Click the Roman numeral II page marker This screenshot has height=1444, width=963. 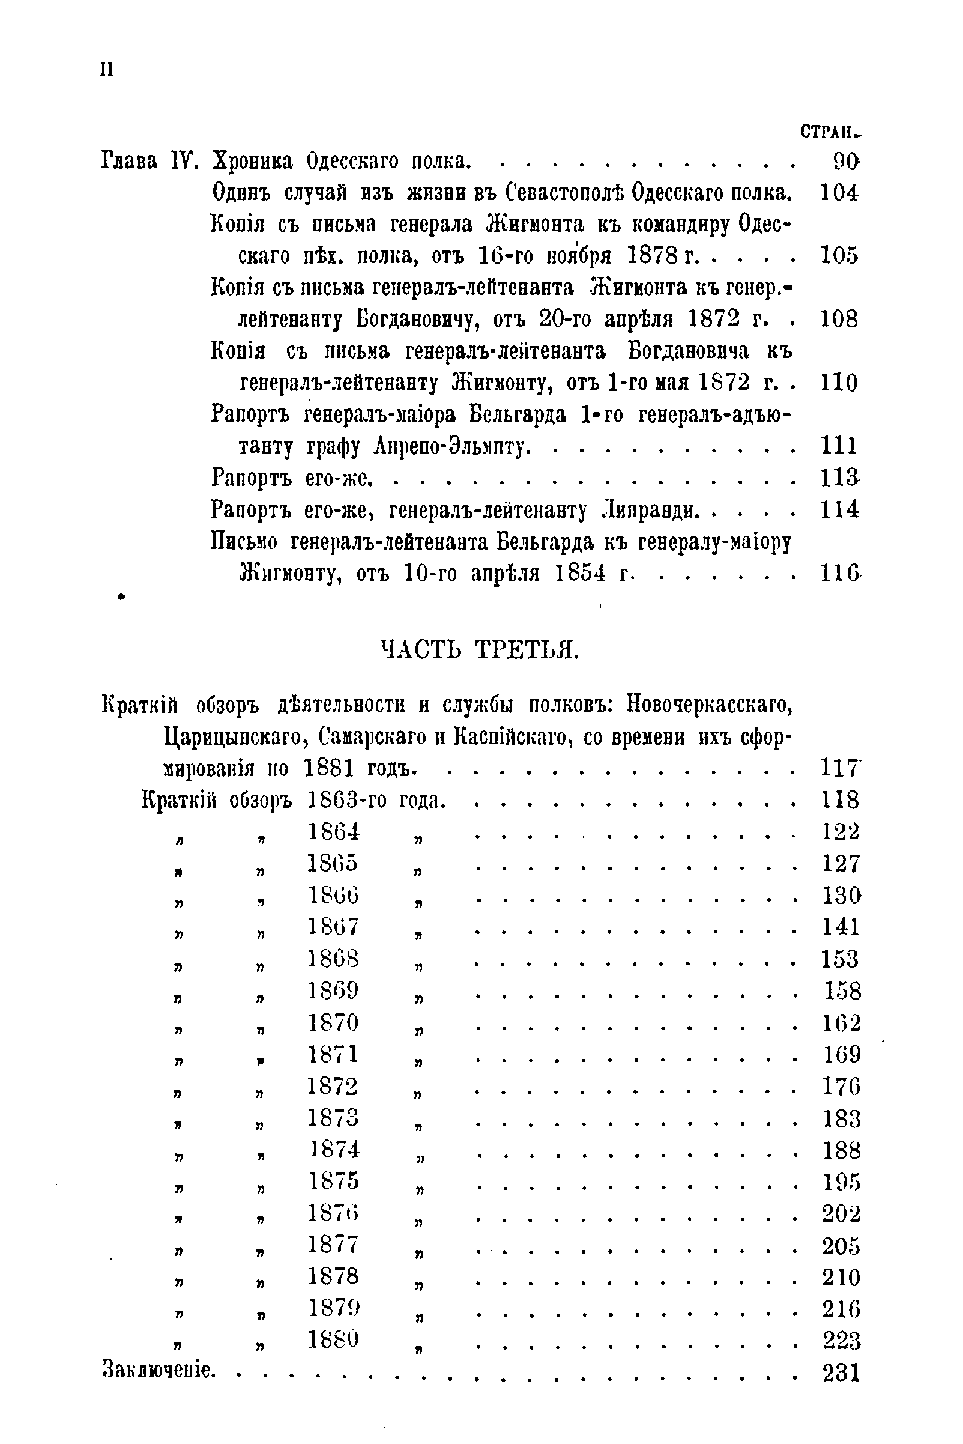pyautogui.click(x=106, y=70)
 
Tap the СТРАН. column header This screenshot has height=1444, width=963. pyautogui.click(x=831, y=132)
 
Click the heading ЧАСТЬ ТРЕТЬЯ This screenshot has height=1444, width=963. pyautogui.click(x=480, y=649)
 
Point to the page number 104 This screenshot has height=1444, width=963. pyautogui.click(x=839, y=193)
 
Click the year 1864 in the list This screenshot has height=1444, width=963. pyautogui.click(x=333, y=831)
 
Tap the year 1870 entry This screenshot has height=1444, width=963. pyautogui.click(x=333, y=1022)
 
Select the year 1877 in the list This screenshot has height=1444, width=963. pyautogui.click(x=333, y=1245)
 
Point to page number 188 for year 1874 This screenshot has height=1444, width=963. pyautogui.click(x=841, y=1150)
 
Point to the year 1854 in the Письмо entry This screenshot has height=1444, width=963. pyautogui.click(x=580, y=573)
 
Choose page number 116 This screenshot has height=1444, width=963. pyautogui.click(x=839, y=574)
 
